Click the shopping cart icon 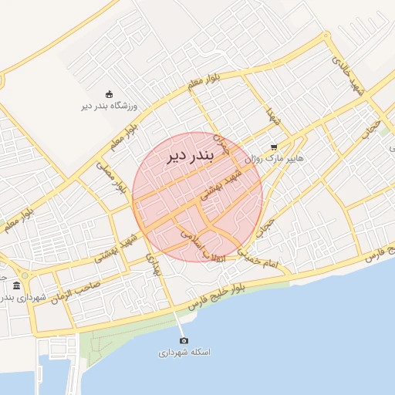tap(273, 147)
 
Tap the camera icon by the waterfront tap(184, 340)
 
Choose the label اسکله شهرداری tap(185, 353)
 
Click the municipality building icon tap(17, 286)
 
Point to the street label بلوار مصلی tap(111, 177)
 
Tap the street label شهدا tap(272, 119)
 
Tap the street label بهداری tap(153, 267)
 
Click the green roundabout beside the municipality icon tap(25, 275)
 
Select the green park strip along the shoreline tap(123, 339)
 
